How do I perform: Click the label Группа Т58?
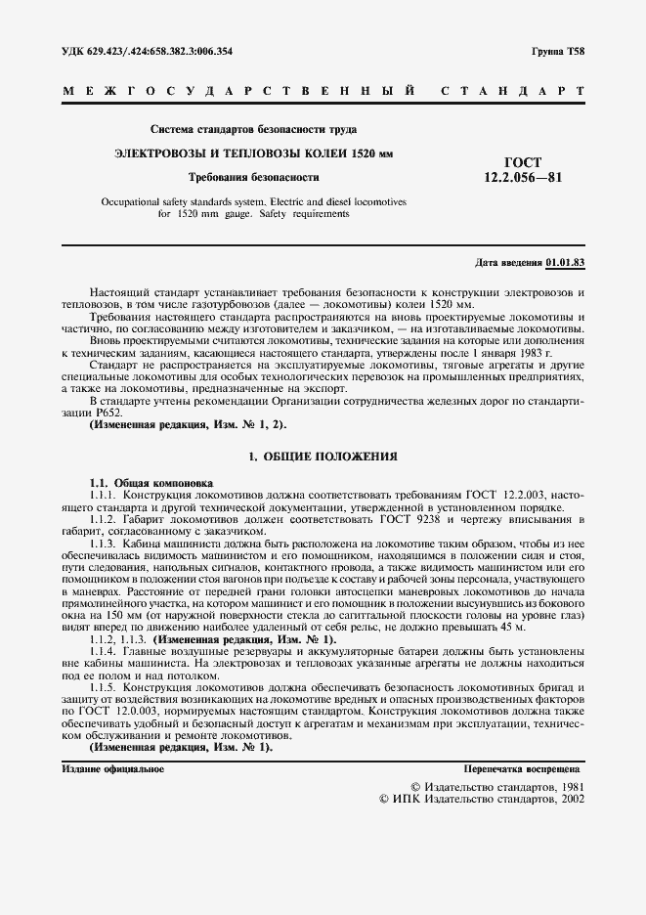click(558, 51)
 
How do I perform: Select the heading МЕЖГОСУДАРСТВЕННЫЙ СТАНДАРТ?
click(323, 91)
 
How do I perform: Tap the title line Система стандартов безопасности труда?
click(253, 129)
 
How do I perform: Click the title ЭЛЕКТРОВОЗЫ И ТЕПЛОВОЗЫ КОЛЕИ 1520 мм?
click(253, 154)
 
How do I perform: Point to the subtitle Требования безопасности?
click(253, 178)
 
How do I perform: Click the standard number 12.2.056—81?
click(523, 178)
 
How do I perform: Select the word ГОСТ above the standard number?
click(523, 162)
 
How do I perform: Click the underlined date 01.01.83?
click(564, 263)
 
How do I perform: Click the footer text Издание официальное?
click(112, 768)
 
